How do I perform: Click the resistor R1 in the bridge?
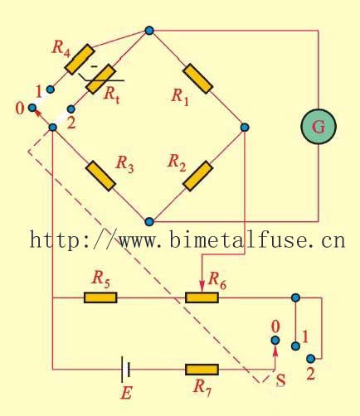click(x=197, y=77)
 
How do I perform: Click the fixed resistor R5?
click(x=100, y=297)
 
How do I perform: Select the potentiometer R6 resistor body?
click(x=202, y=297)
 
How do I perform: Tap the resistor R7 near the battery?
click(x=202, y=369)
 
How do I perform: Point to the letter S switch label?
click(x=280, y=381)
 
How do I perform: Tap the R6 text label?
click(x=217, y=281)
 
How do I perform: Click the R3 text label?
click(x=125, y=162)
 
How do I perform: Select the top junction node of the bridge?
click(x=149, y=31)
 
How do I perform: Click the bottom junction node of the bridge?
click(x=149, y=222)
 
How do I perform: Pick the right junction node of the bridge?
click(x=245, y=127)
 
